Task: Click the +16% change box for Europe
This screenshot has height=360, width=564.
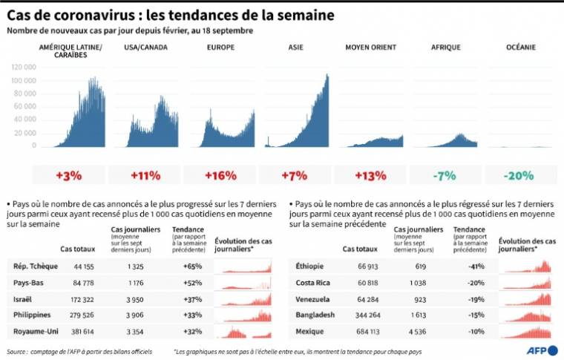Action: (x=220, y=176)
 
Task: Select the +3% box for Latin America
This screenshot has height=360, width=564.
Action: (x=69, y=176)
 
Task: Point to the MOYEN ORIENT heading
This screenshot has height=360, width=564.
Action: (x=371, y=48)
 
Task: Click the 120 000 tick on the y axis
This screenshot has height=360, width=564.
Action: (x=24, y=66)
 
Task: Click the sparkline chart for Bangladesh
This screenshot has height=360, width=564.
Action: (x=525, y=314)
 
